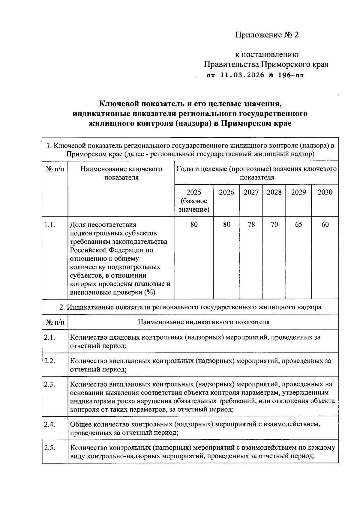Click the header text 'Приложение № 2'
pyautogui.click(x=267, y=35)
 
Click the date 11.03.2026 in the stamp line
pyautogui.click(x=242, y=75)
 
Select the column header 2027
pyautogui.click(x=251, y=192)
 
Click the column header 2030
pyautogui.click(x=325, y=192)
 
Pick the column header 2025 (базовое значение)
pyautogui.click(x=194, y=201)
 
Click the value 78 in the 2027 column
pyautogui.click(x=251, y=225)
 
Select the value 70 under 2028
pyautogui.click(x=274, y=225)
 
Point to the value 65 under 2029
pyautogui.click(x=298, y=225)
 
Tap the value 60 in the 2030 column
pyautogui.click(x=325, y=225)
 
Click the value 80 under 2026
pyautogui.click(x=226, y=225)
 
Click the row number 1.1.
pyautogui.click(x=49, y=225)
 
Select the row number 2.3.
pyautogui.click(x=49, y=384)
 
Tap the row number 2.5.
pyautogui.click(x=49, y=448)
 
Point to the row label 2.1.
pyautogui.click(x=49, y=337)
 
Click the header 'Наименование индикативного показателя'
pyautogui.click(x=203, y=322)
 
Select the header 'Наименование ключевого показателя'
pyautogui.click(x=121, y=173)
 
